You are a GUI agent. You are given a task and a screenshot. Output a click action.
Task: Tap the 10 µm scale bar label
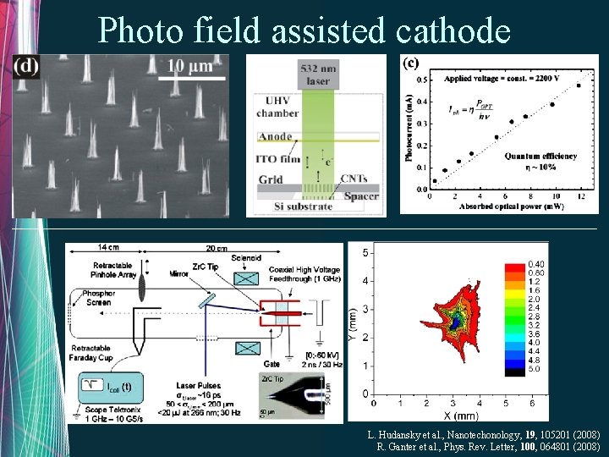190,66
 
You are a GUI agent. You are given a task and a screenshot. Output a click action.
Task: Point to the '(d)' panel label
26,67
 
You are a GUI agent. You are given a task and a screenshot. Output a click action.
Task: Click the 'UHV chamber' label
277,107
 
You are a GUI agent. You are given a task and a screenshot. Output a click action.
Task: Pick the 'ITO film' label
278,159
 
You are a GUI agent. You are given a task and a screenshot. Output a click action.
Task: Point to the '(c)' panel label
410,63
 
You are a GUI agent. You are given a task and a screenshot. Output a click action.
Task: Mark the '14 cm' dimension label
107,247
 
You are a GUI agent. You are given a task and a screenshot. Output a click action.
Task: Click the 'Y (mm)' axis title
354,320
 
